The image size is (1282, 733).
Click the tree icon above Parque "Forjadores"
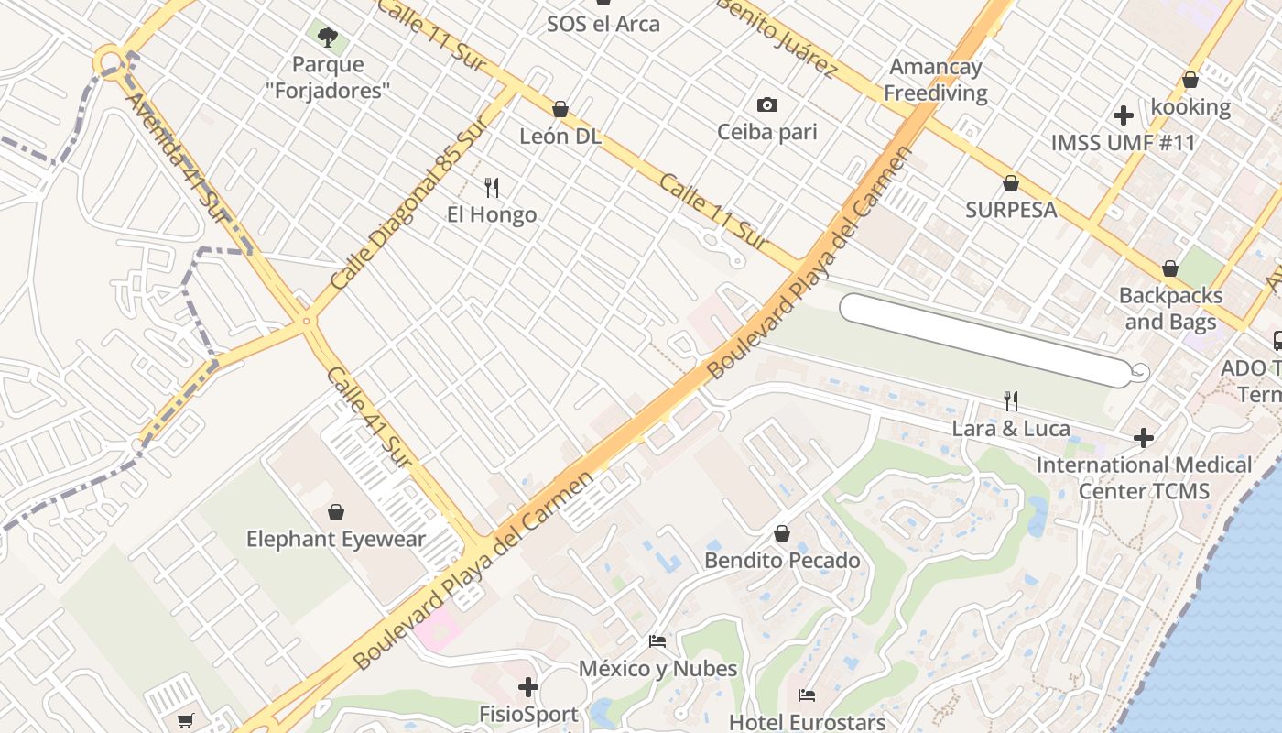pos(327,38)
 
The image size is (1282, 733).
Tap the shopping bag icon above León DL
pos(560,109)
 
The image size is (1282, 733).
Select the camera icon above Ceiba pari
pos(767,105)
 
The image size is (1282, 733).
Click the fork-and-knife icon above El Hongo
pos(492,188)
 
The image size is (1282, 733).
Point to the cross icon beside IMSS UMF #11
pos(1124,115)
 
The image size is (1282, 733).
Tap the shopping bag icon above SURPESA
pos(1011,183)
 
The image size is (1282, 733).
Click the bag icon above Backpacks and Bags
pos(1169,268)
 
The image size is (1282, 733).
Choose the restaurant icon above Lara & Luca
pos(1011,401)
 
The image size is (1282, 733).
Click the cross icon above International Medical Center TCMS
pos(1143,438)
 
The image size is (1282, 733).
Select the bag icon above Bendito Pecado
pos(782,533)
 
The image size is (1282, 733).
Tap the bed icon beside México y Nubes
pos(657,641)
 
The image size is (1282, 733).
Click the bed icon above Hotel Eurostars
pos(806,695)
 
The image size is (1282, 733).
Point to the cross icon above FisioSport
pos(528,686)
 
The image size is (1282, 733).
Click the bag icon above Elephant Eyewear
pos(336,511)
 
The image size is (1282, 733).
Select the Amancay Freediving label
pos(935,80)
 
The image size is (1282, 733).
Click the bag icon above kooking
pos(1190,80)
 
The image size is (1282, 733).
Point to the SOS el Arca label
pos(603,24)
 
